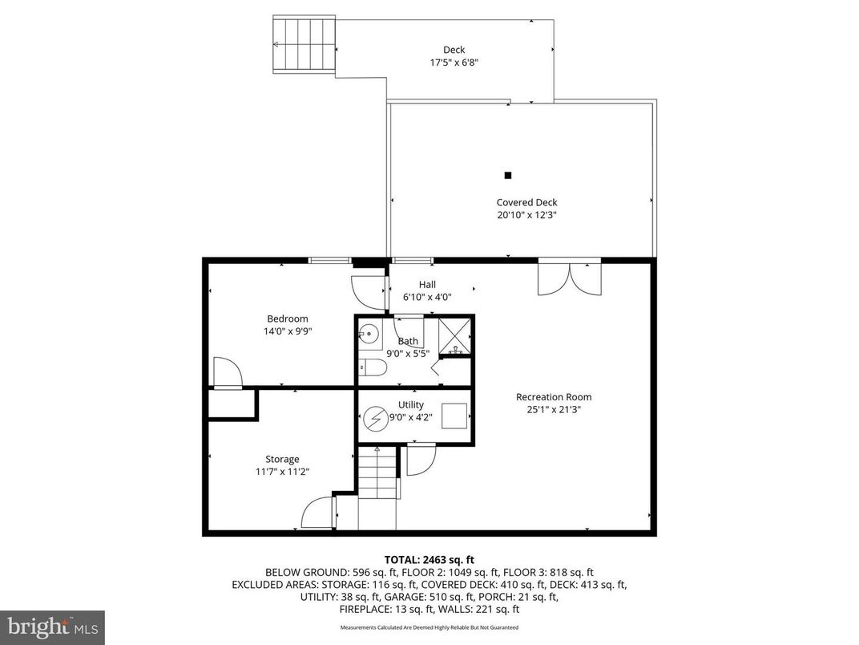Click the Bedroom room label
pyautogui.click(x=287, y=318)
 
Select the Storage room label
pyautogui.click(x=282, y=459)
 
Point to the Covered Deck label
pyautogui.click(x=526, y=202)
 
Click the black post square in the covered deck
pyautogui.click(x=507, y=175)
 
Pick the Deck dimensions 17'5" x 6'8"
pyautogui.click(x=454, y=63)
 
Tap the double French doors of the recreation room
pyautogui.click(x=569, y=278)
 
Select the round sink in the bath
pyautogui.click(x=368, y=334)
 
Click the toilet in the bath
pyautogui.click(x=373, y=367)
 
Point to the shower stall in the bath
pyautogui.click(x=455, y=335)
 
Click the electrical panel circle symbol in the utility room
pyautogui.click(x=374, y=418)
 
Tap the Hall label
pyautogui.click(x=427, y=284)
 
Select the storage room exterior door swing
pyautogui.click(x=318, y=513)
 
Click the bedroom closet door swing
pyautogui.click(x=227, y=372)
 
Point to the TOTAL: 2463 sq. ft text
pyautogui.click(x=429, y=559)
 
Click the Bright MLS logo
pyautogui.click(x=52, y=625)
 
